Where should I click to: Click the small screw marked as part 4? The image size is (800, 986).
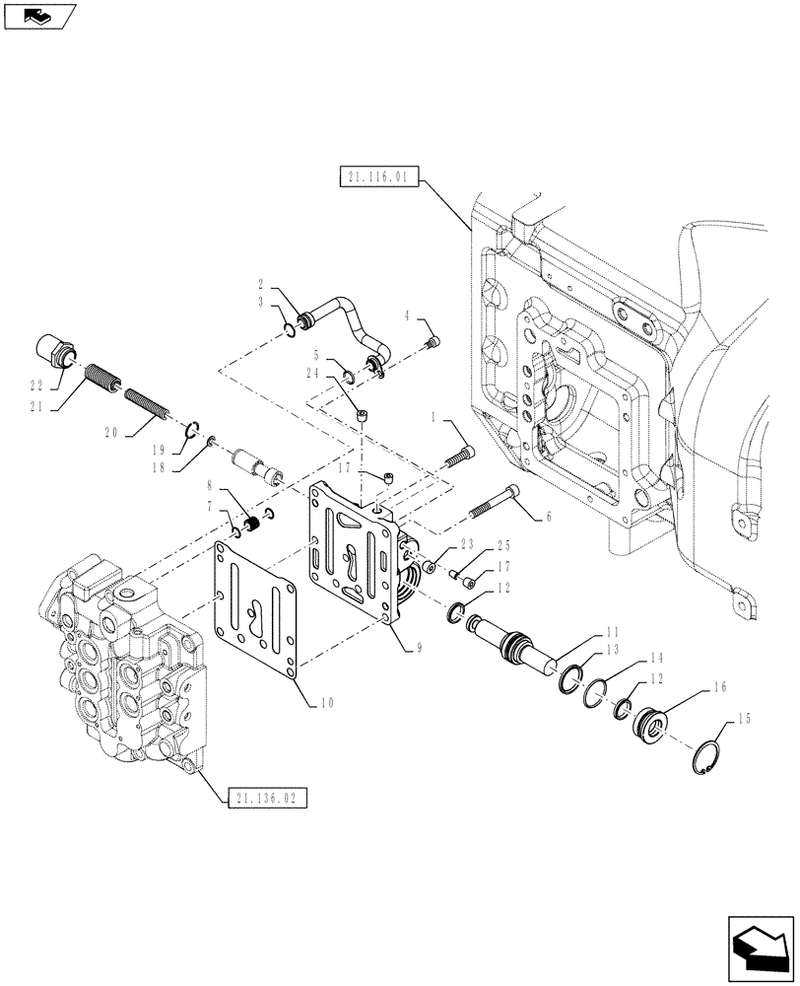[x=432, y=341]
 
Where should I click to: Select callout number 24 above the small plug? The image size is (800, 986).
[x=339, y=373]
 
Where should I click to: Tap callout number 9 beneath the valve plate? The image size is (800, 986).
[x=419, y=648]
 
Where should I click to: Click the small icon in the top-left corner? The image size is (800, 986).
[x=38, y=16]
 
